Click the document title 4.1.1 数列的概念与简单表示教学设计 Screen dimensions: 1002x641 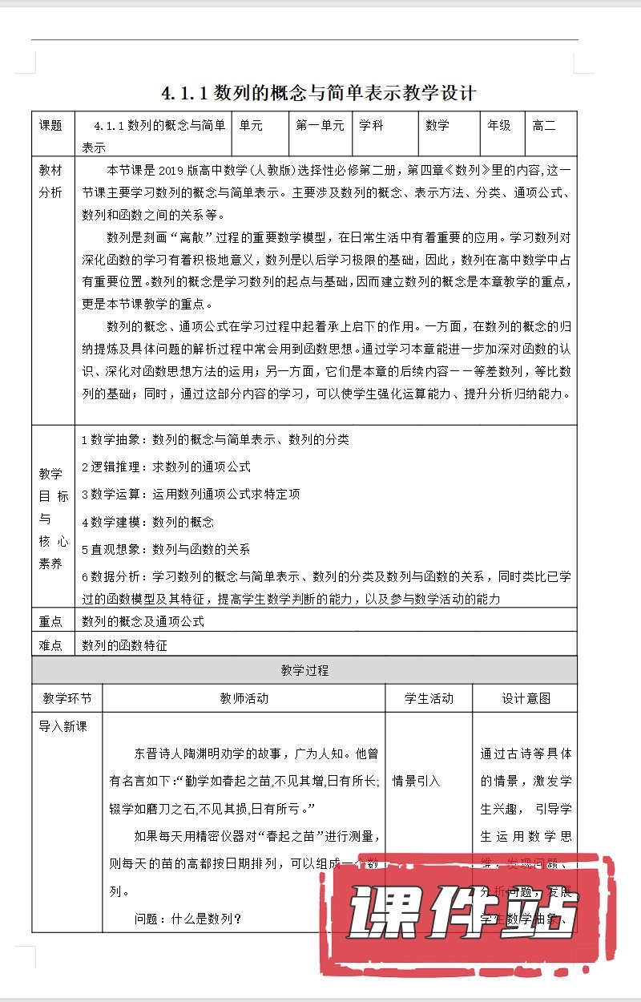click(319, 93)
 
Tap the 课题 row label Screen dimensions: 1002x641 click(50, 125)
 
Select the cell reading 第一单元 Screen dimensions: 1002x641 click(320, 125)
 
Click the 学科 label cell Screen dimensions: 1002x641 click(371, 125)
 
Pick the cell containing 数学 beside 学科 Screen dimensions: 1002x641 click(437, 125)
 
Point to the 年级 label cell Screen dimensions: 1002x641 click(499, 125)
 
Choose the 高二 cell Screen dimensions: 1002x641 click(544, 125)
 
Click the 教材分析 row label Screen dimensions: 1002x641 click(50, 182)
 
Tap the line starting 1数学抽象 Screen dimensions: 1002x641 click(216, 439)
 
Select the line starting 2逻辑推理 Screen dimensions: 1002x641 click(167, 467)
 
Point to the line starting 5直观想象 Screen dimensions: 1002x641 click(166, 549)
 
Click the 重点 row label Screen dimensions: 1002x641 click(50, 621)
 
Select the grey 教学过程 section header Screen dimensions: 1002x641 click(304, 670)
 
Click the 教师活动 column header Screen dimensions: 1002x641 click(244, 698)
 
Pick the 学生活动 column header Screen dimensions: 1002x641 click(429, 698)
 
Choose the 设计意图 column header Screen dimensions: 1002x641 click(526, 698)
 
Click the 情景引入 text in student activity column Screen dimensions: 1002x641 click(416, 781)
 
